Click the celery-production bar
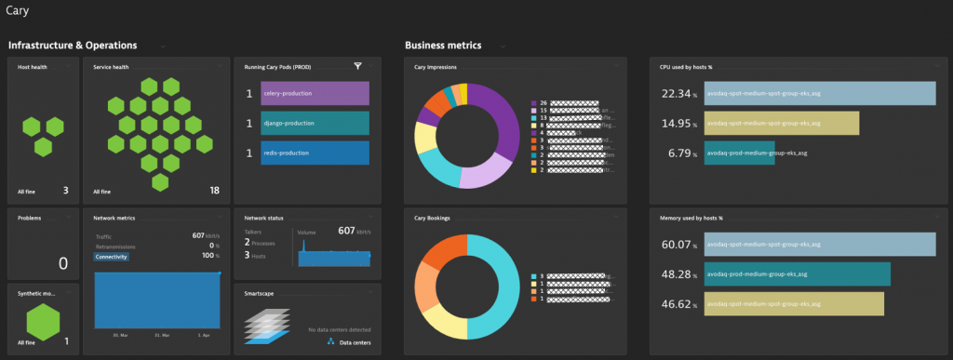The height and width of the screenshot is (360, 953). click(x=315, y=94)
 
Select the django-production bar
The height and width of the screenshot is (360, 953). click(x=315, y=124)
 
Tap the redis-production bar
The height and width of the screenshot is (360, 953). click(x=315, y=153)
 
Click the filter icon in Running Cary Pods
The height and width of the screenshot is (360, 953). click(x=357, y=66)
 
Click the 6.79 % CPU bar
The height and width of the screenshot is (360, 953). click(x=739, y=153)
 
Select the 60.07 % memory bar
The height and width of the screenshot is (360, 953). click(x=819, y=245)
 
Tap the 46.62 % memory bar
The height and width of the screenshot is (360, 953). click(x=793, y=304)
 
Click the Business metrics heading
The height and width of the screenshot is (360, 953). click(x=450, y=45)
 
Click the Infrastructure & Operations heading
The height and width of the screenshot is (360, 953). click(x=73, y=45)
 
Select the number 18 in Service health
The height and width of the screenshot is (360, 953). click(x=214, y=191)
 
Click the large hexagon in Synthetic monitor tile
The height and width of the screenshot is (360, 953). click(x=43, y=322)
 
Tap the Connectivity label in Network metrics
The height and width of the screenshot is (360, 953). click(x=112, y=256)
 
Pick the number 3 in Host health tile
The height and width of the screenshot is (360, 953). click(x=66, y=191)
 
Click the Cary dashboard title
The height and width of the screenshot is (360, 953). click(x=17, y=11)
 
